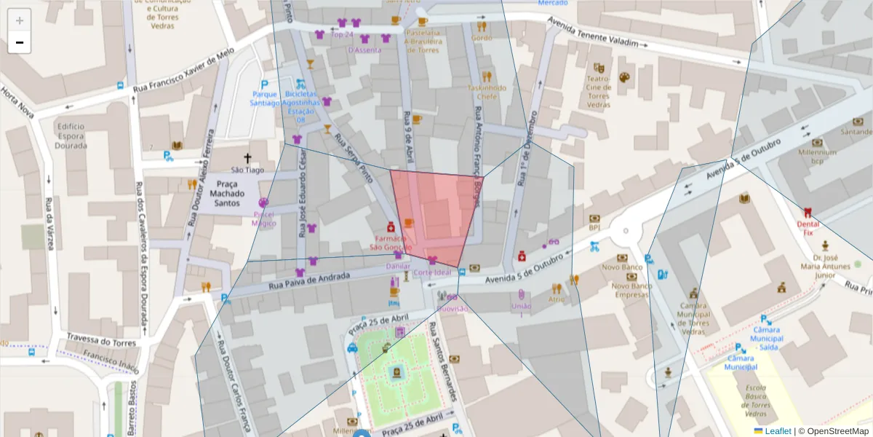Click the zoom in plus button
coord(20,20)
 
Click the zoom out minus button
coord(20,42)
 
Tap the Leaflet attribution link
coord(778,431)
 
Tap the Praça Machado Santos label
coord(226,194)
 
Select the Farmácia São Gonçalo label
coord(391,243)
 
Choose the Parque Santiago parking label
coord(265,98)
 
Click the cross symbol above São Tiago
coord(247,158)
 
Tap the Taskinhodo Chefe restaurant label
coord(487,92)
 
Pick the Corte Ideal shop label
coord(432,272)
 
